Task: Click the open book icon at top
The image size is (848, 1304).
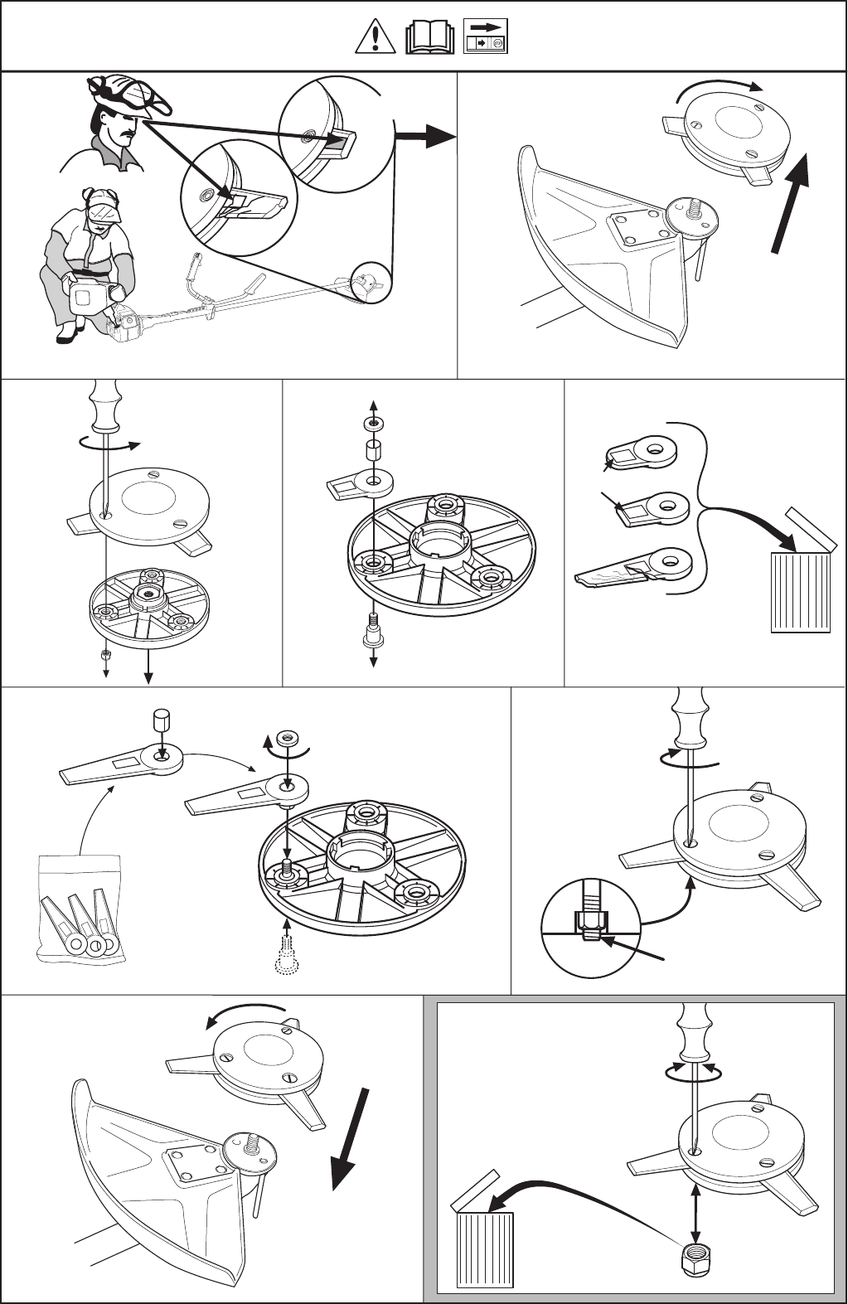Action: (x=429, y=37)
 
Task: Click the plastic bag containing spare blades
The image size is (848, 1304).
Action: (x=81, y=909)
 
